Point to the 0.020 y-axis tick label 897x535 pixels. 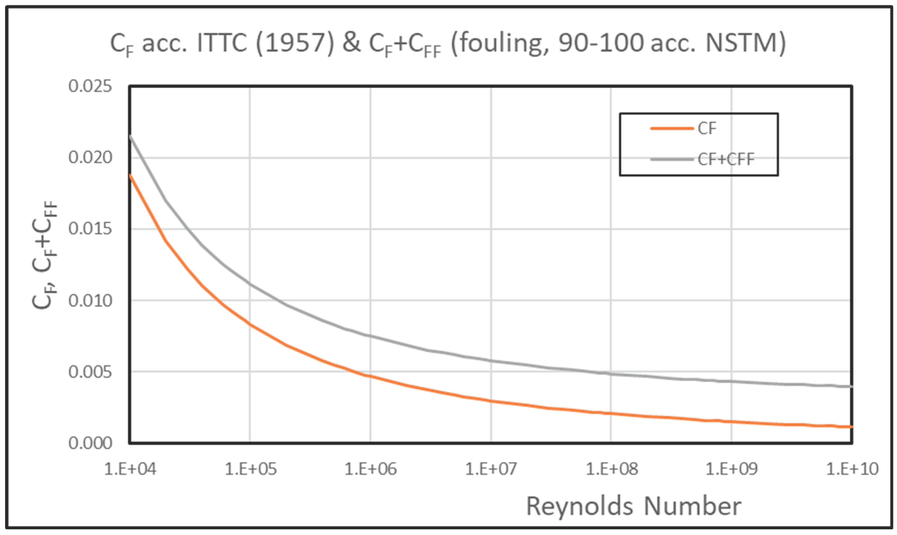click(90, 158)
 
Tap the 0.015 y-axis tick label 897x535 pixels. click(90, 229)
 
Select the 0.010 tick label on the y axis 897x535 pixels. click(90, 300)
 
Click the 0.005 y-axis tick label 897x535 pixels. click(90, 372)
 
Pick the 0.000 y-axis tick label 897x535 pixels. click(90, 443)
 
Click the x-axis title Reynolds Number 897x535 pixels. click(634, 506)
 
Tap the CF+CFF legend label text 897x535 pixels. click(726, 159)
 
